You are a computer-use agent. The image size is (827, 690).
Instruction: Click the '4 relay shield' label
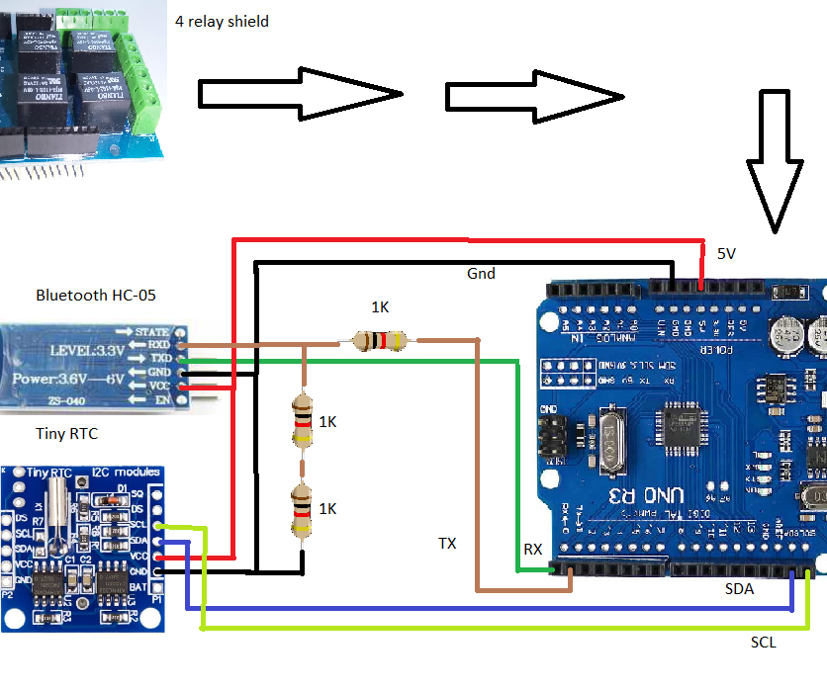pyautogui.click(x=222, y=21)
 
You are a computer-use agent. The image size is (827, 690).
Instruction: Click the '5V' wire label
pyautogui.click(x=726, y=254)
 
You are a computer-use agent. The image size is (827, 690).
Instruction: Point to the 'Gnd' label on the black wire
pyautogui.click(x=481, y=273)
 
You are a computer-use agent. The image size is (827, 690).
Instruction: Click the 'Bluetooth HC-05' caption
pyautogui.click(x=96, y=295)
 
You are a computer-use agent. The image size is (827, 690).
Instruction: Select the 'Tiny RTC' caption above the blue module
pyautogui.click(x=67, y=434)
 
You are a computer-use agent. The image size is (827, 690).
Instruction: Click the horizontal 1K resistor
pyautogui.click(x=380, y=341)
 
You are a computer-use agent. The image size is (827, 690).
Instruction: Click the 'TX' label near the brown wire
pyautogui.click(x=448, y=544)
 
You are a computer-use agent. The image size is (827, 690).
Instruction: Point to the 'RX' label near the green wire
pyautogui.click(x=532, y=550)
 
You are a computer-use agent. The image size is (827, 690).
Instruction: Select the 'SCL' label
pyautogui.click(x=763, y=643)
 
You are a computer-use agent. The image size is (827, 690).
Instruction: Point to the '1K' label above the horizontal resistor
pyautogui.click(x=380, y=307)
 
